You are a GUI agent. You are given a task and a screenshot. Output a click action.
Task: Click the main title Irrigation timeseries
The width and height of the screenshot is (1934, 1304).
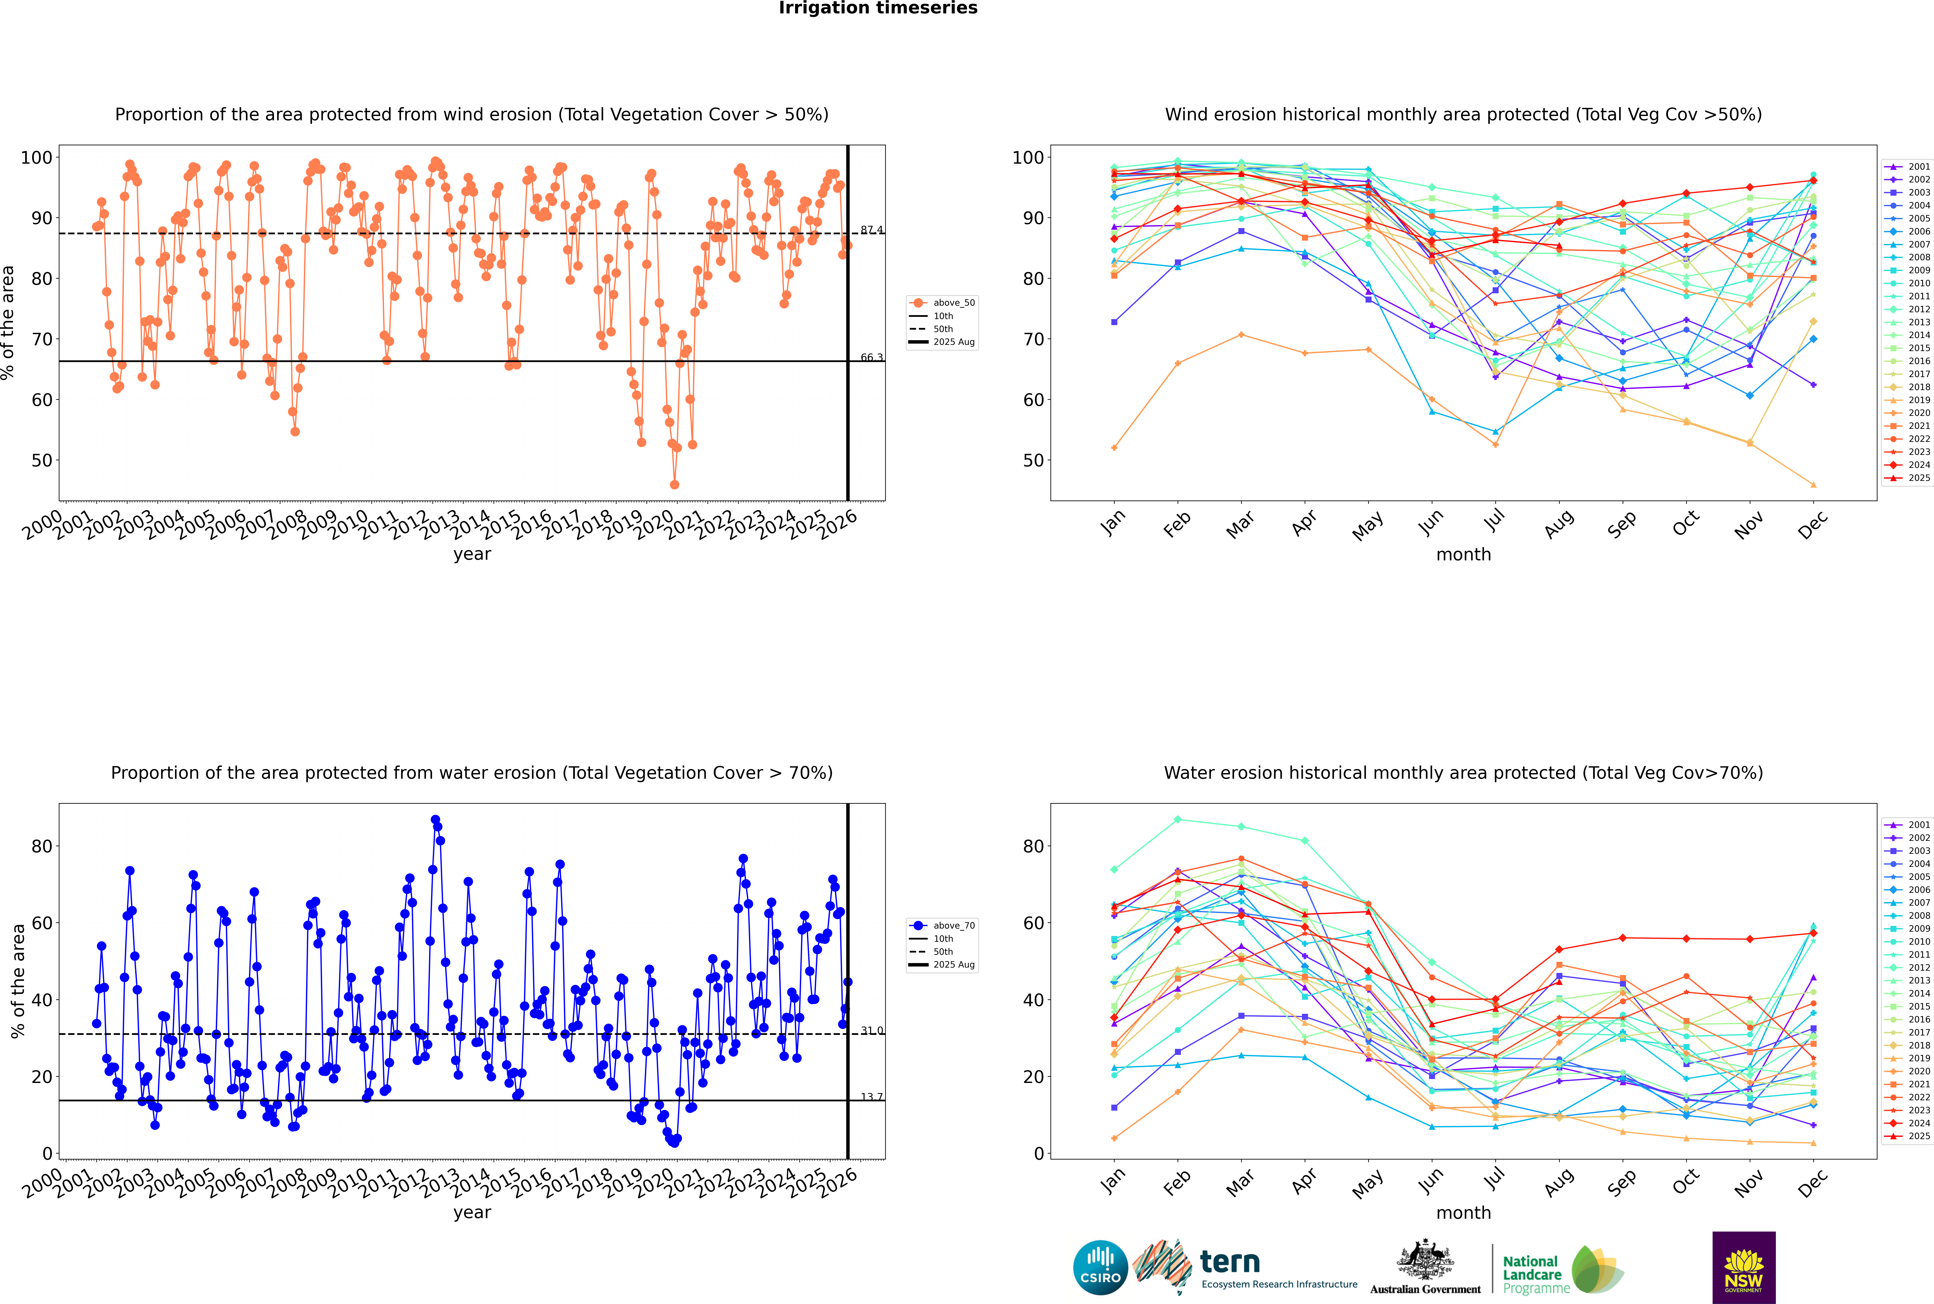[878, 8]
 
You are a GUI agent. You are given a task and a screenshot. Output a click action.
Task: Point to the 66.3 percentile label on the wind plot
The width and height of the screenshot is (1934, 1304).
[871, 358]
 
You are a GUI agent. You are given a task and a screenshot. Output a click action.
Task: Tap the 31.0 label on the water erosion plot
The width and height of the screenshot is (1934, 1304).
[871, 1030]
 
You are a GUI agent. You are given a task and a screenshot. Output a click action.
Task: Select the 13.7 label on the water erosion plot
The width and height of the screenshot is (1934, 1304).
[871, 1097]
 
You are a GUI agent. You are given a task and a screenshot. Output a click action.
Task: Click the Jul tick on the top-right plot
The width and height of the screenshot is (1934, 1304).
[1494, 521]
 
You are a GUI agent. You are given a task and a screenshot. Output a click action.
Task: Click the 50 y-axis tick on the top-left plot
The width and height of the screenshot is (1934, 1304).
[41, 461]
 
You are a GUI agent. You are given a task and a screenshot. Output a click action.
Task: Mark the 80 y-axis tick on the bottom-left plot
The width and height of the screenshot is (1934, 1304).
[41, 847]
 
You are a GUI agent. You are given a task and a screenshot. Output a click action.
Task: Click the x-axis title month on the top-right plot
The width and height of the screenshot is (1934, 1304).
[1463, 555]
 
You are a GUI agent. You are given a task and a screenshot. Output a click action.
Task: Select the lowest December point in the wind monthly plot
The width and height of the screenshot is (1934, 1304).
[1813, 485]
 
